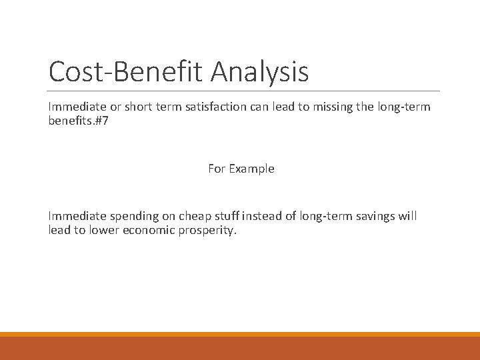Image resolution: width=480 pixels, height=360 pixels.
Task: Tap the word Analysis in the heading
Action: click(x=260, y=72)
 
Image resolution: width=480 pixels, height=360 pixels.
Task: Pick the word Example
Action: click(x=251, y=169)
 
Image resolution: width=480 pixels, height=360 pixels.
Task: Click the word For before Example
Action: click(x=217, y=169)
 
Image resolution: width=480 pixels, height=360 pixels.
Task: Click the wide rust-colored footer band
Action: click(x=240, y=348)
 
